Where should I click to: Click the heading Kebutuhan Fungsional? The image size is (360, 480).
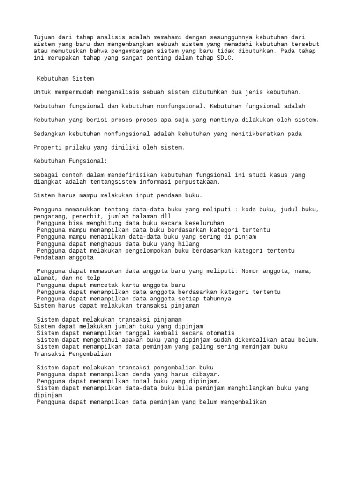(x=70, y=161)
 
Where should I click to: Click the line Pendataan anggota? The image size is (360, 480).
(x=64, y=257)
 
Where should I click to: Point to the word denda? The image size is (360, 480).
(x=135, y=374)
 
